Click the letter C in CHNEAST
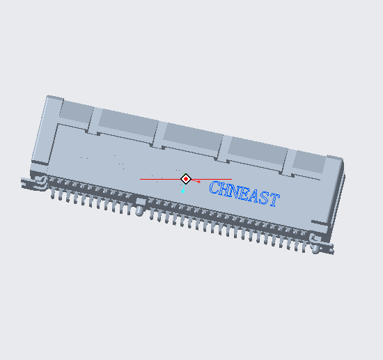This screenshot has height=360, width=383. click(x=215, y=188)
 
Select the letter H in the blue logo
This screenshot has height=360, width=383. click(x=225, y=189)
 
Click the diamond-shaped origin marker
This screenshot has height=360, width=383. click(x=186, y=179)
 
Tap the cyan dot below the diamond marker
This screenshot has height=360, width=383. click(x=183, y=190)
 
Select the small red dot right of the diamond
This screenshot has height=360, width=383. click(x=198, y=182)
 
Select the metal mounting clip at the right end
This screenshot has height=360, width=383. click(x=322, y=244)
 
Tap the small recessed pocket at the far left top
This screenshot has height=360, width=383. click(x=75, y=112)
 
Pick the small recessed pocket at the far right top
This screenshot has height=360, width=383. click(x=309, y=163)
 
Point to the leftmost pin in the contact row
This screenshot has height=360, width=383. click(x=53, y=191)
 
